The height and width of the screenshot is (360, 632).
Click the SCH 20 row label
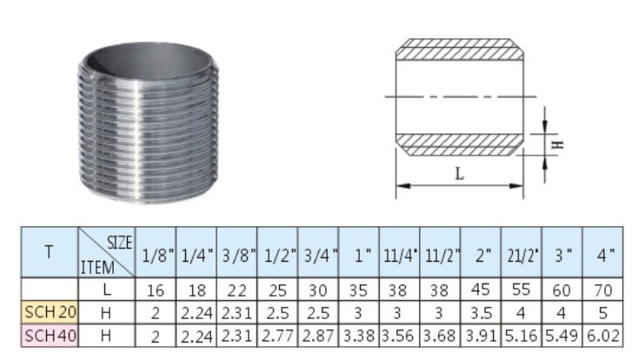pos(50,312)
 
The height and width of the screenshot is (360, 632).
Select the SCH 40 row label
pos(50,336)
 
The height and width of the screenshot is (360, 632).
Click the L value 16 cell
pos(156,290)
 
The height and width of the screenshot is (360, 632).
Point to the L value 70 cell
pos(603,290)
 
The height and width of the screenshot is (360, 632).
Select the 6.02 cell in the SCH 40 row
pos(603,336)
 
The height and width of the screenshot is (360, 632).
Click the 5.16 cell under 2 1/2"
pos(522,336)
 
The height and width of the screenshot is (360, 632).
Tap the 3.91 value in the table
pos(481,336)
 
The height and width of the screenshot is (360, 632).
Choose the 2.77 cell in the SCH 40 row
pos(277,336)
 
